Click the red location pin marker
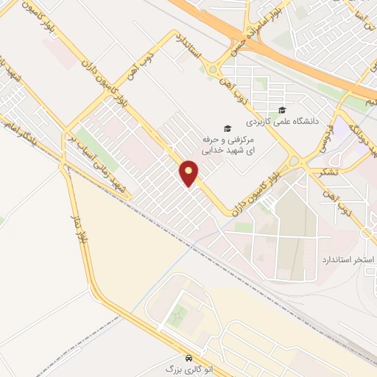tap(189, 173)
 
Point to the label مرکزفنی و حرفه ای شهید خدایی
tap(230, 144)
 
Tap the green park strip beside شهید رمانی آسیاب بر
tap(88, 140)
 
